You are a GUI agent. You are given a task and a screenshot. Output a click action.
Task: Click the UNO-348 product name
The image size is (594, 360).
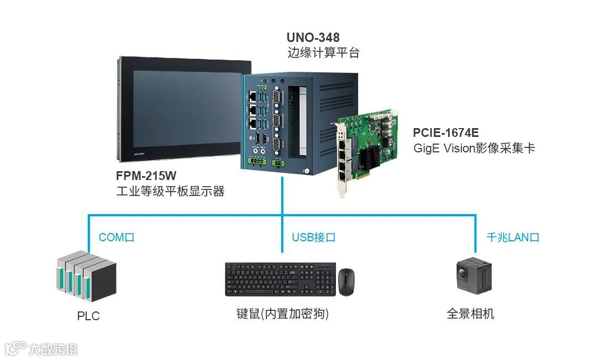pyautogui.click(x=313, y=38)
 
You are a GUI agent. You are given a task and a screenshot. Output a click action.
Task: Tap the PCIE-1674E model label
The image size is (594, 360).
pyautogui.click(x=446, y=133)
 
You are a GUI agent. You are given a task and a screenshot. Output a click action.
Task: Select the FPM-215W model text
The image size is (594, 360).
pyautogui.click(x=146, y=177)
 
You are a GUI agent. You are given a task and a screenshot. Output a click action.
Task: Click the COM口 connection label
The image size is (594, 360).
pyautogui.click(x=116, y=237)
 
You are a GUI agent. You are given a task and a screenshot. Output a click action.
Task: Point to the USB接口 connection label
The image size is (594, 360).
pyautogui.click(x=313, y=237)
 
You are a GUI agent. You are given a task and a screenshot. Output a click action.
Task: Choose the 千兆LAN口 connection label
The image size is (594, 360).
pyautogui.click(x=512, y=237)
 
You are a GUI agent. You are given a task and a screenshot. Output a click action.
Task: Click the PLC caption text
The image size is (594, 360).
pyautogui.click(x=88, y=316)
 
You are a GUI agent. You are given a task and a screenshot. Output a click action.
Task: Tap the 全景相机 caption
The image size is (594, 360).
pyautogui.click(x=470, y=314)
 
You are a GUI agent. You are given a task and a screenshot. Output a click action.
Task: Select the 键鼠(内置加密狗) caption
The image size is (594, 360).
pyautogui.click(x=282, y=314)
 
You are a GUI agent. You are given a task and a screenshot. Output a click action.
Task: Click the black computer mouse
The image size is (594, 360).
pyautogui.click(x=346, y=282)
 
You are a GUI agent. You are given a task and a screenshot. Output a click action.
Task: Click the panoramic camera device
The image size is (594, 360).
pyautogui.click(x=474, y=276)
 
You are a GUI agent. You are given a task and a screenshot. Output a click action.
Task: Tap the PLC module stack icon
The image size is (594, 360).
pyautogui.click(x=85, y=276)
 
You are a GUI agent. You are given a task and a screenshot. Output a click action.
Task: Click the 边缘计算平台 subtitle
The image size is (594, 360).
pyautogui.click(x=323, y=53)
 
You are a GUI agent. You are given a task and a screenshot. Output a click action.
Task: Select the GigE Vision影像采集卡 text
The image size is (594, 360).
pyautogui.click(x=474, y=149)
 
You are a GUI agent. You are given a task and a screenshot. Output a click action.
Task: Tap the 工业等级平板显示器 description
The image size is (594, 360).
pyautogui.click(x=170, y=192)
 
